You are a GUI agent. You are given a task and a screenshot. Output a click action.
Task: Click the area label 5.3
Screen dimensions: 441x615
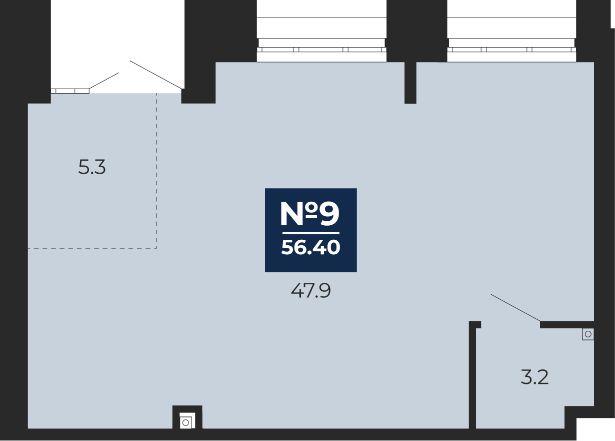pyautogui.click(x=92, y=167)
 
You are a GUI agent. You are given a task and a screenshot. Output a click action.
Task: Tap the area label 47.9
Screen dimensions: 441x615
pyautogui.click(x=310, y=290)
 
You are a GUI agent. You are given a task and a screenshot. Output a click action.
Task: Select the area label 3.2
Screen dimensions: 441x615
pyautogui.click(x=534, y=377)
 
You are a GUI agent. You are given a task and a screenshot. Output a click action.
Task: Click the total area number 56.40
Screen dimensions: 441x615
pyautogui.click(x=310, y=247)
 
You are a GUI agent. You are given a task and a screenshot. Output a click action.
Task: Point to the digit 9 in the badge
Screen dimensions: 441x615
pyautogui.click(x=329, y=214)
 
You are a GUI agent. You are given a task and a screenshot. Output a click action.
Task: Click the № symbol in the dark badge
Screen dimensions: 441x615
pyautogui.click(x=299, y=214)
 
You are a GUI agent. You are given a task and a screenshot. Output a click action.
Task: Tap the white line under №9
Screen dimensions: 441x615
pyautogui.click(x=310, y=233)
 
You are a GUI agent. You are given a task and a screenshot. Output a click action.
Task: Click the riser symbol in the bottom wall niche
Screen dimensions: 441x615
pyautogui.click(x=186, y=422)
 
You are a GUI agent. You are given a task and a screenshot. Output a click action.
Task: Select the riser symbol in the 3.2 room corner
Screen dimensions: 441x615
pyautogui.click(x=588, y=334)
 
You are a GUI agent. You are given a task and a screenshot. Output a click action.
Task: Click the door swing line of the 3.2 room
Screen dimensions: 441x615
pyautogui.click(x=515, y=307)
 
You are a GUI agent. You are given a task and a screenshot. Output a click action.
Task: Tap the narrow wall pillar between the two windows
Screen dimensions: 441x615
pyautogui.click(x=410, y=83)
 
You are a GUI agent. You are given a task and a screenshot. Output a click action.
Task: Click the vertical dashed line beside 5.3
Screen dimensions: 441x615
pyautogui.click(x=156, y=170)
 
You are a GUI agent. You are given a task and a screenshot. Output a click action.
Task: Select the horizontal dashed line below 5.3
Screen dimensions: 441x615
pyautogui.click(x=92, y=248)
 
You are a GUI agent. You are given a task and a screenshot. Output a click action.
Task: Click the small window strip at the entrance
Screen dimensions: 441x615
pyautogui.click(x=69, y=91)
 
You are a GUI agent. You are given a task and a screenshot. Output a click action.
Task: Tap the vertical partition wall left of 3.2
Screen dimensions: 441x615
pyautogui.click(x=472, y=375)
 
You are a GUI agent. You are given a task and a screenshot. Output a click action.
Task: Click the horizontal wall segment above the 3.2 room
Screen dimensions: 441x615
pyautogui.click(x=567, y=324)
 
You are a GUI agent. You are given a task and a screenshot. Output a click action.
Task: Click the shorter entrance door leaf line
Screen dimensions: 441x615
pyautogui.click(x=104, y=80)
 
